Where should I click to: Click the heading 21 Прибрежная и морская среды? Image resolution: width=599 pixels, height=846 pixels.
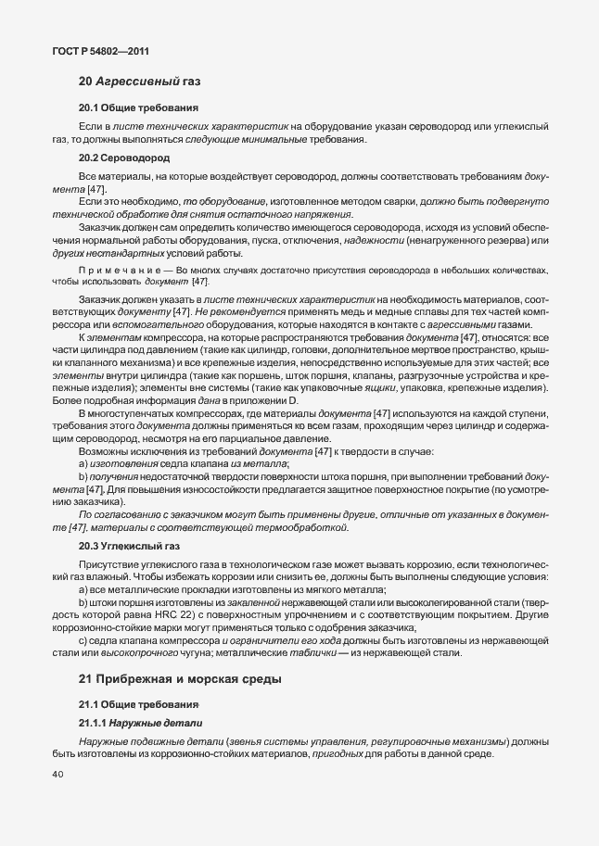click(179, 680)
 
